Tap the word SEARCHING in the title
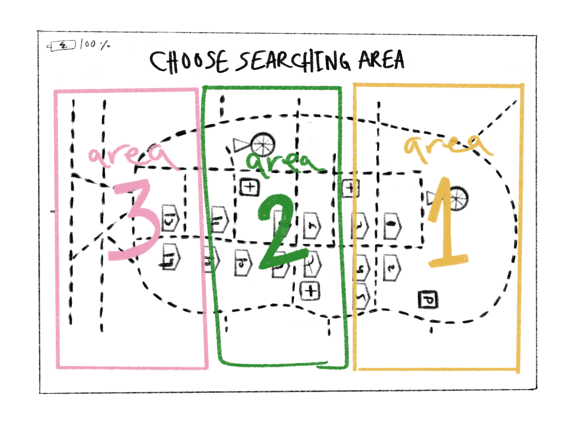pyautogui.click(x=294, y=61)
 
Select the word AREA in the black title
pyautogui.click(x=381, y=60)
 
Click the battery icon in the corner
pyautogui.click(x=62, y=46)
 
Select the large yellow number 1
pyautogui.click(x=446, y=223)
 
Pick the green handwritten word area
pyautogui.click(x=283, y=164)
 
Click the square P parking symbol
pyautogui.click(x=428, y=300)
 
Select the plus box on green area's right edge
pyautogui.click(x=350, y=188)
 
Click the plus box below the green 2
pyautogui.click(x=310, y=290)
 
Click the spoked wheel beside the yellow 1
pyautogui.click(x=459, y=198)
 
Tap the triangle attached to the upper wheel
pyautogui.click(x=240, y=145)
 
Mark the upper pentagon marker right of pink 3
pyautogui.click(x=170, y=218)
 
